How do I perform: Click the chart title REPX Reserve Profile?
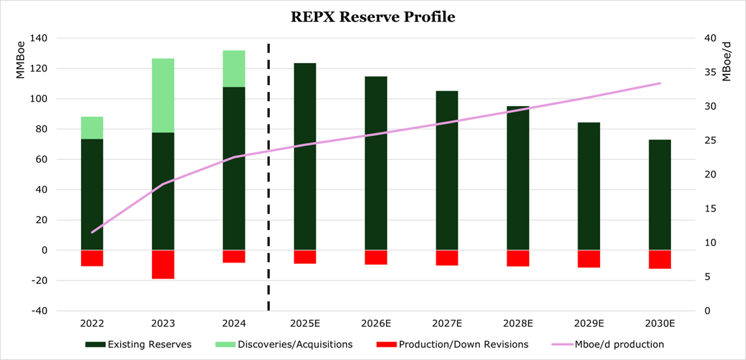coord(373,17)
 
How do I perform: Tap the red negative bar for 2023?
coord(163,264)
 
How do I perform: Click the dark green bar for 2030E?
coord(660,195)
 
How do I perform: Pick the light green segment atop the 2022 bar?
coord(92,128)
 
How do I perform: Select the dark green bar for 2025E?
coord(305,156)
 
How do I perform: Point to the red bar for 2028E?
coord(518,258)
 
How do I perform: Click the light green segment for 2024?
coord(234,69)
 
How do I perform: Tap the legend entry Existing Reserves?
coord(139,344)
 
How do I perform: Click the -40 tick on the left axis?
coord(39,311)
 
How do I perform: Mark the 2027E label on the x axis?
coord(447,324)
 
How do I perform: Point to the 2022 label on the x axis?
coord(92,324)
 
